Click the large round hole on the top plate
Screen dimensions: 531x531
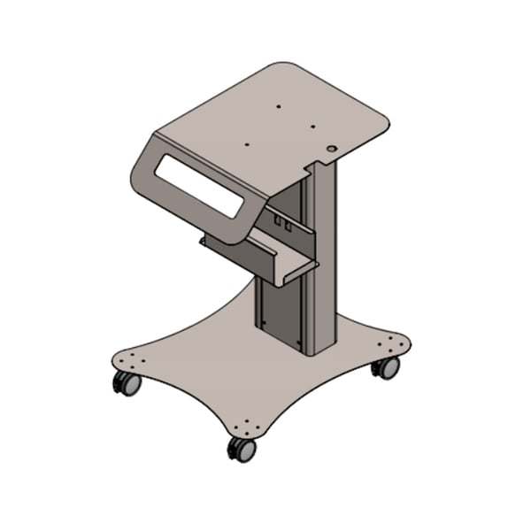(331, 150)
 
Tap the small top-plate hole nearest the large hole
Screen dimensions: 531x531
(313, 127)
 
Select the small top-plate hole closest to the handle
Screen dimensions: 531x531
(247, 143)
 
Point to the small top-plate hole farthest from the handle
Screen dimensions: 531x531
(278, 106)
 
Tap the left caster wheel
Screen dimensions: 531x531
(126, 383)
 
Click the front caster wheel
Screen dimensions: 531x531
(242, 449)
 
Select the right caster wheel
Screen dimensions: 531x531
(386, 366)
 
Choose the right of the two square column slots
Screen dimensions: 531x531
(287, 227)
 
